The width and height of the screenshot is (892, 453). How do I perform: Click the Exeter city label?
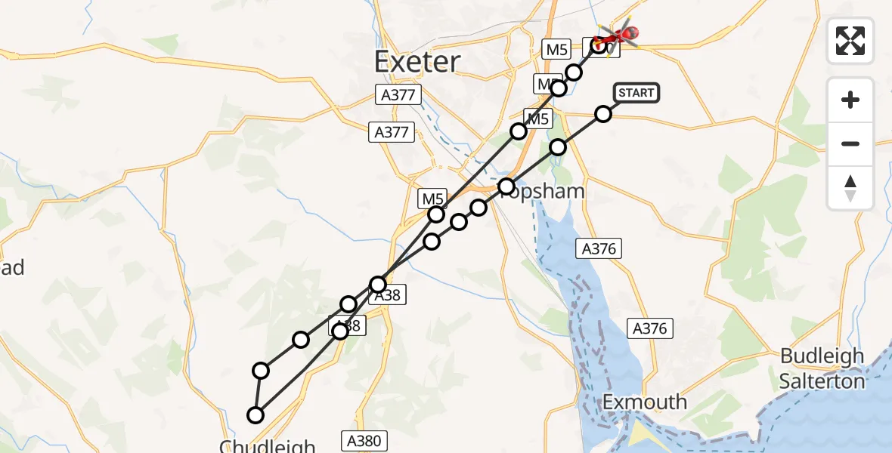point(417,60)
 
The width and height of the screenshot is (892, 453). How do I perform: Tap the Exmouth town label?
point(645,401)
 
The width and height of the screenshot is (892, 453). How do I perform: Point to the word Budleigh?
point(822,356)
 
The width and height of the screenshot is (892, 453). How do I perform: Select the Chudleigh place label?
point(267,445)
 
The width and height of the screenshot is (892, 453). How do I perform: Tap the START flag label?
point(636,93)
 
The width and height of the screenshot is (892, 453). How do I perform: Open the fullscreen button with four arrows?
point(850,41)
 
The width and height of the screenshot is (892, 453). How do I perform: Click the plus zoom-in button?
point(850,100)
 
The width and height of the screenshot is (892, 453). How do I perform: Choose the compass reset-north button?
point(850,188)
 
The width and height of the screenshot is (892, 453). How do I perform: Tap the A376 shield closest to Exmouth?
point(649,328)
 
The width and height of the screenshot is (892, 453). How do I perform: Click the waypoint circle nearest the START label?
point(603,114)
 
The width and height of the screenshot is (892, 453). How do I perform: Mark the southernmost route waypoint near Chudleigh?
point(256,414)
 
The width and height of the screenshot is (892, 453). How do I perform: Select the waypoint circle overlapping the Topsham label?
point(506,186)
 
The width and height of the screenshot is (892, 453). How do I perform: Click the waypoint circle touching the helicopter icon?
point(600,45)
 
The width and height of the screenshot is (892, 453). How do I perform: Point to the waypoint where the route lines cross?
point(378,284)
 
